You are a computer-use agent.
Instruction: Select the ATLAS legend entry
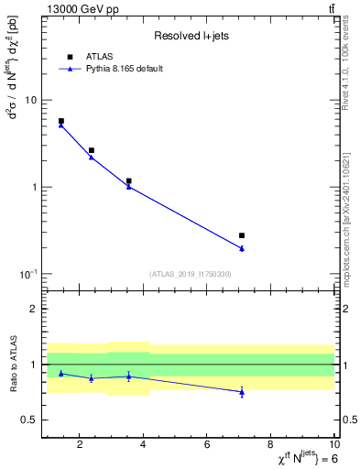(98, 57)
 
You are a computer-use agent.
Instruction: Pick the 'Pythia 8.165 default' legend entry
(123, 69)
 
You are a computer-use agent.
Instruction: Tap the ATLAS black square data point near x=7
(242, 235)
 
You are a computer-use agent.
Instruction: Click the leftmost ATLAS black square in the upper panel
(61, 121)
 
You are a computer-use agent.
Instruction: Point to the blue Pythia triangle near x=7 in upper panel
(242, 248)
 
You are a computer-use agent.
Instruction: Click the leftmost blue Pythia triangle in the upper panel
(61, 125)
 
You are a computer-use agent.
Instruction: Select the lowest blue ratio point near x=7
(242, 392)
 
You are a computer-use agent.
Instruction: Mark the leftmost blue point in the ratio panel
(61, 373)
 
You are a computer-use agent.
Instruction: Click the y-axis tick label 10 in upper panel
(30, 100)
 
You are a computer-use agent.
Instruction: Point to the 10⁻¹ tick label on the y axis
(28, 274)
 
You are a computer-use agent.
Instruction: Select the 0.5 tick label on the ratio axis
(28, 420)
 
